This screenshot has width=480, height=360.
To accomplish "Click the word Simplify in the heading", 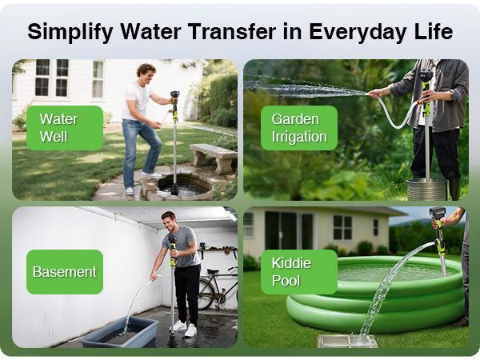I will [67, 32].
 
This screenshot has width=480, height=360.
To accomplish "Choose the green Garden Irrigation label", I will [298, 128].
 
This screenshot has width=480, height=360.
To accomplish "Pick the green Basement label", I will [64, 271].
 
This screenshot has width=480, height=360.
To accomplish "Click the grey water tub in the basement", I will [120, 330].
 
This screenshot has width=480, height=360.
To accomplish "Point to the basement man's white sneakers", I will [185, 328].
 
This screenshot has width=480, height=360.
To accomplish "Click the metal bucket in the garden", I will [426, 190].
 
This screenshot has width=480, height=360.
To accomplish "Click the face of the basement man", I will [168, 222].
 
